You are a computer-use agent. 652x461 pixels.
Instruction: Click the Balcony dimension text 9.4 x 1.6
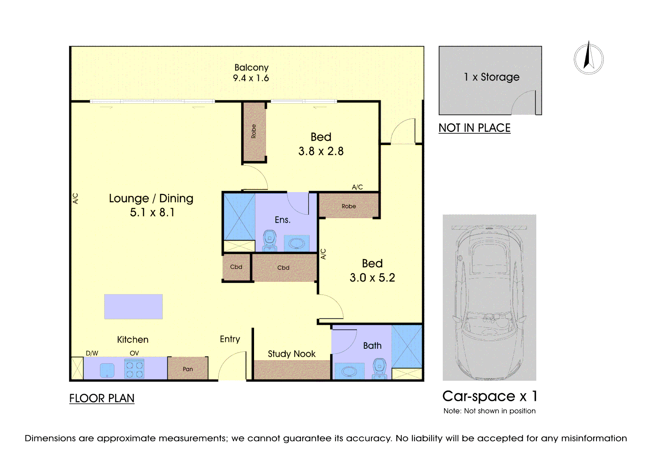[x=251, y=78]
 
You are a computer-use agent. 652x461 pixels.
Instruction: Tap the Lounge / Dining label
[x=151, y=198]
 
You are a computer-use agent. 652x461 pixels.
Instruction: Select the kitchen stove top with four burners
[x=134, y=369]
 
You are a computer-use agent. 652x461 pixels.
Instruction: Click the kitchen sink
[x=107, y=371]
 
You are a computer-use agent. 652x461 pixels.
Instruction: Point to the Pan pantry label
[x=188, y=369]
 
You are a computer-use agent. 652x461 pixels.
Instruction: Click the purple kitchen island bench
[x=133, y=306]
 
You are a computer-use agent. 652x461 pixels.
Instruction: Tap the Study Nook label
[x=291, y=354]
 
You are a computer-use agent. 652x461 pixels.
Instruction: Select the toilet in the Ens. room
[x=269, y=241]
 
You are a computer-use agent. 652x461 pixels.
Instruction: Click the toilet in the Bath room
[x=380, y=369]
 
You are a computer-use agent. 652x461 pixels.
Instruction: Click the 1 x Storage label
[x=491, y=77]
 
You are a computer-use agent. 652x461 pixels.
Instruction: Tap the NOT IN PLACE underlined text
[x=474, y=128]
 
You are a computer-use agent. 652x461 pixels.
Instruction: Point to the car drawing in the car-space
[x=489, y=303]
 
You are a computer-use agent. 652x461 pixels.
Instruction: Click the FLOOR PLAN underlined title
[x=102, y=398]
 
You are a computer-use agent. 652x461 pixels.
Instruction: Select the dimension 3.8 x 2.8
[x=321, y=151]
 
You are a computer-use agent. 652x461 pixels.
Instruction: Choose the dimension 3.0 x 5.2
[x=372, y=277]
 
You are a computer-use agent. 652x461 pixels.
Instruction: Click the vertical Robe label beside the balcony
[x=254, y=131]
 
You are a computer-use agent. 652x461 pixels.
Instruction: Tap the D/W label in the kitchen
[x=92, y=353]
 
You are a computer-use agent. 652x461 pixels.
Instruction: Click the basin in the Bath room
[x=350, y=371]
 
